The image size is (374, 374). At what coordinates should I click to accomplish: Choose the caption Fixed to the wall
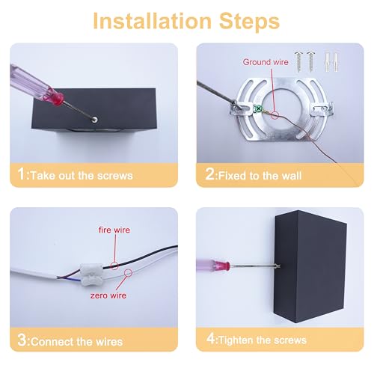[266, 176]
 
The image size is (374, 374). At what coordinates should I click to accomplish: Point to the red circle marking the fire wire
[114, 264]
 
